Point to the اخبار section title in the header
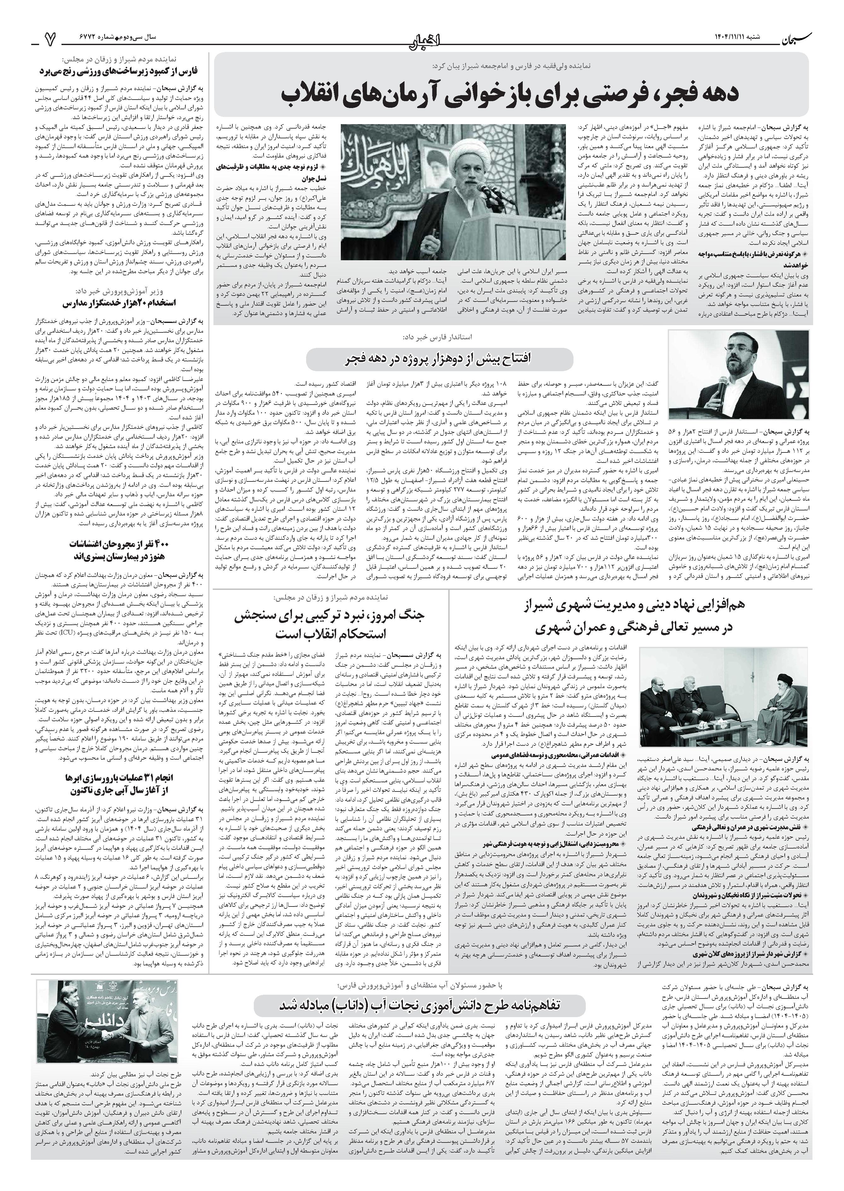click(422, 38)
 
